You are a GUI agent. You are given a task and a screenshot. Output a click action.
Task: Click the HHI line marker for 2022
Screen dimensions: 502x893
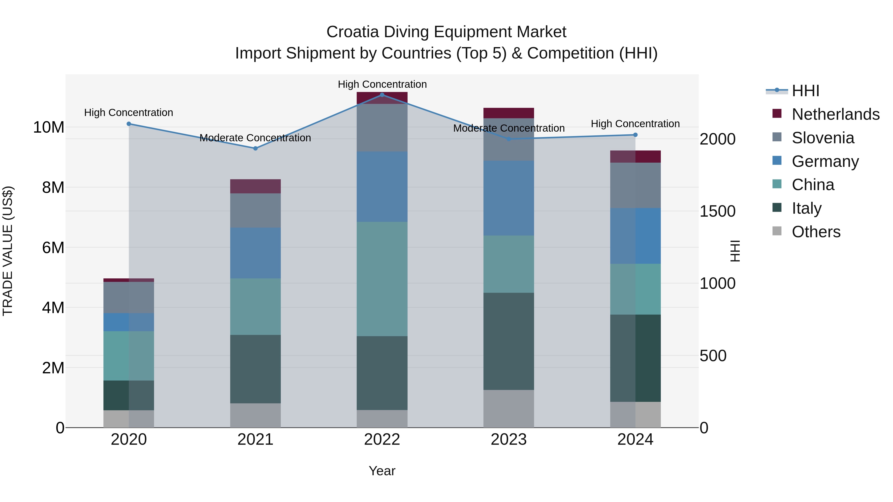click(x=382, y=95)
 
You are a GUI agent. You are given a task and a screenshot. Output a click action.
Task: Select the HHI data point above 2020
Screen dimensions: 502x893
click(x=128, y=124)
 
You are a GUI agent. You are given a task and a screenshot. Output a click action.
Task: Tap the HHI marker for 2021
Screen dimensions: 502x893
click(x=255, y=148)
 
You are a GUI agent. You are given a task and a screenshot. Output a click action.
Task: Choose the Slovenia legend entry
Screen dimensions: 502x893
click(x=823, y=138)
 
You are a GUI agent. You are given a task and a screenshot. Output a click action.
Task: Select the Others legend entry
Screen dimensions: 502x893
click(x=816, y=232)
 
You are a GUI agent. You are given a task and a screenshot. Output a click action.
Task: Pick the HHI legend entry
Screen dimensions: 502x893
click(x=805, y=91)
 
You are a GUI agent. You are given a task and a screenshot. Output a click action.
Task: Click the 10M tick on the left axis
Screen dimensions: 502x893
click(x=49, y=127)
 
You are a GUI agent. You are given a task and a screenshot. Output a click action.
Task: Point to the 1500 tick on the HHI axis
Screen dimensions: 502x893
click(x=717, y=211)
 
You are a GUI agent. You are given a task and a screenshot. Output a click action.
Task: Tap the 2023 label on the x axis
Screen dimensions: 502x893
click(x=509, y=440)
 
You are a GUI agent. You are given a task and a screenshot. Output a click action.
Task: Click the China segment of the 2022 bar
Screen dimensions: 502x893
click(x=382, y=279)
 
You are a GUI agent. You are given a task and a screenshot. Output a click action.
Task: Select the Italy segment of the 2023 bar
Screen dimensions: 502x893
click(x=509, y=341)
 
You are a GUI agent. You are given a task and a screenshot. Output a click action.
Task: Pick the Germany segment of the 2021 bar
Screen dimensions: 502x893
click(x=255, y=253)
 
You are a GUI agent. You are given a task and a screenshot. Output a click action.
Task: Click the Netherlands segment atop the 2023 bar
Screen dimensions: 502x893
click(x=509, y=113)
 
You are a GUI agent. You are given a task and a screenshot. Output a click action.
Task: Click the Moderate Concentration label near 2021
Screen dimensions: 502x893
click(x=255, y=138)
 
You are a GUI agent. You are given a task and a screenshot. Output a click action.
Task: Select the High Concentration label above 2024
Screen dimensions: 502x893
click(x=635, y=124)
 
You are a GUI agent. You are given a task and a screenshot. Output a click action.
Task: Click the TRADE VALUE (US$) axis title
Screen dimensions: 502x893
click(x=8, y=251)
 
